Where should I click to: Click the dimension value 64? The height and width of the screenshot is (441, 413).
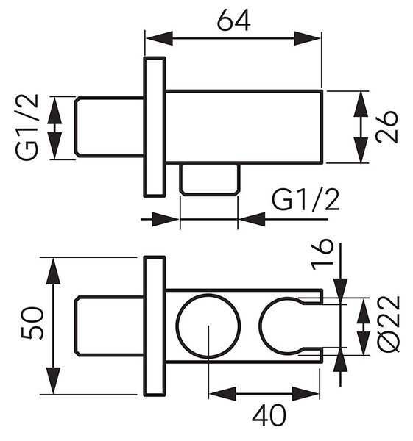click(x=234, y=21)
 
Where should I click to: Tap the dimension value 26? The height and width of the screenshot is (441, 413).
click(x=386, y=127)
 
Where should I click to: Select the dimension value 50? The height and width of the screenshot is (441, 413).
click(x=32, y=323)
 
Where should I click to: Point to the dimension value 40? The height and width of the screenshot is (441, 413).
click(x=269, y=415)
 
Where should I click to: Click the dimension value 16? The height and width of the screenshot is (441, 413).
click(x=322, y=254)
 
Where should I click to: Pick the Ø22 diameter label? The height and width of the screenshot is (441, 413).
click(x=389, y=323)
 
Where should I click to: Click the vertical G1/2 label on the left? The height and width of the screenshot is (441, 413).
click(x=27, y=127)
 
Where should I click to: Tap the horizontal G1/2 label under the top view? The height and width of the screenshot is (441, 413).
click(x=306, y=200)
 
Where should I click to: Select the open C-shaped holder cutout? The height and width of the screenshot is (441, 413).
click(x=260, y=326)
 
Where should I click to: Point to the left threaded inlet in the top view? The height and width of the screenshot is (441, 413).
click(x=110, y=127)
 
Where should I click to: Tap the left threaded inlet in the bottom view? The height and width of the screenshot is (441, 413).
click(x=110, y=326)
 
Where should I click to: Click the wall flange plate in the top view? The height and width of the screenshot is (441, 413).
click(x=155, y=127)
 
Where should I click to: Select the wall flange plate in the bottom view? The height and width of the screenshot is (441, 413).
click(x=155, y=326)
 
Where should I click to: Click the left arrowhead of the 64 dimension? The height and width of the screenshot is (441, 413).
click(x=159, y=38)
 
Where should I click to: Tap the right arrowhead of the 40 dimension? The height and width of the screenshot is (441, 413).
click(x=306, y=394)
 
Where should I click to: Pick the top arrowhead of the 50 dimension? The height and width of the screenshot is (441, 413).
click(x=53, y=271)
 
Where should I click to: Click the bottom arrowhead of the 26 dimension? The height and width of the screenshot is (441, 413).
click(x=361, y=150)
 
